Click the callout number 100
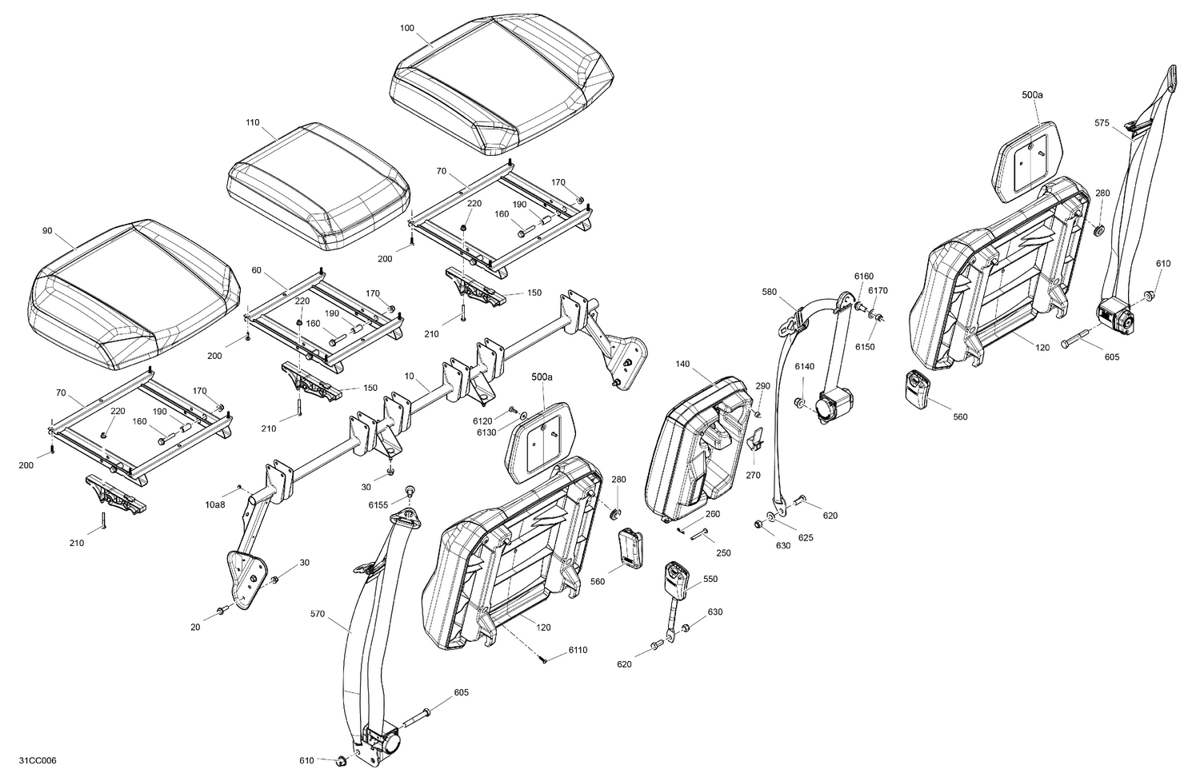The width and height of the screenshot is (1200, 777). (407, 28)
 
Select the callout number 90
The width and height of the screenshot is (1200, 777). (47, 231)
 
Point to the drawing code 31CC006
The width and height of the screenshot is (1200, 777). (38, 760)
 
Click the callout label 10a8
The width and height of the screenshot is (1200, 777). (215, 505)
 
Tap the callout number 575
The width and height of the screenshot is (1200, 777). (1102, 123)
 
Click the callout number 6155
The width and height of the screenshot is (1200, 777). (378, 505)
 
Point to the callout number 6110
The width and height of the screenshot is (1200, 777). (578, 650)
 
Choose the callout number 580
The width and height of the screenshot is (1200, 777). (769, 293)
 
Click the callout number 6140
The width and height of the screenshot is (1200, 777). (804, 366)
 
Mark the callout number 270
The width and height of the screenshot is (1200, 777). (754, 475)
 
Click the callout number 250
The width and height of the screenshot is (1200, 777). (723, 553)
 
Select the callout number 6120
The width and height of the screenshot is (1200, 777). (482, 420)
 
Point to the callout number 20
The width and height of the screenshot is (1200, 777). (195, 628)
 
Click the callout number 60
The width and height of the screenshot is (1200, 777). (257, 270)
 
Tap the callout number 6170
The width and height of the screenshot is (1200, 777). (878, 290)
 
